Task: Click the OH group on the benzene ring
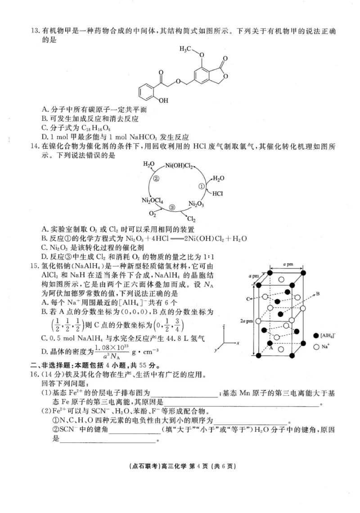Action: tap(163, 100)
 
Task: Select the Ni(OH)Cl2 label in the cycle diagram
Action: tap(180, 166)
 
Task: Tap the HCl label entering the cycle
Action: tap(218, 194)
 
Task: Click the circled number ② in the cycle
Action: tap(157, 178)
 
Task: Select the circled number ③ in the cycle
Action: tap(172, 207)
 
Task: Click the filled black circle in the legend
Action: tap(316, 336)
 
